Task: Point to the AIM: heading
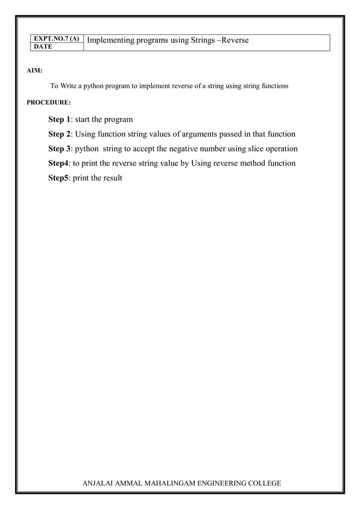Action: click(x=34, y=71)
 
